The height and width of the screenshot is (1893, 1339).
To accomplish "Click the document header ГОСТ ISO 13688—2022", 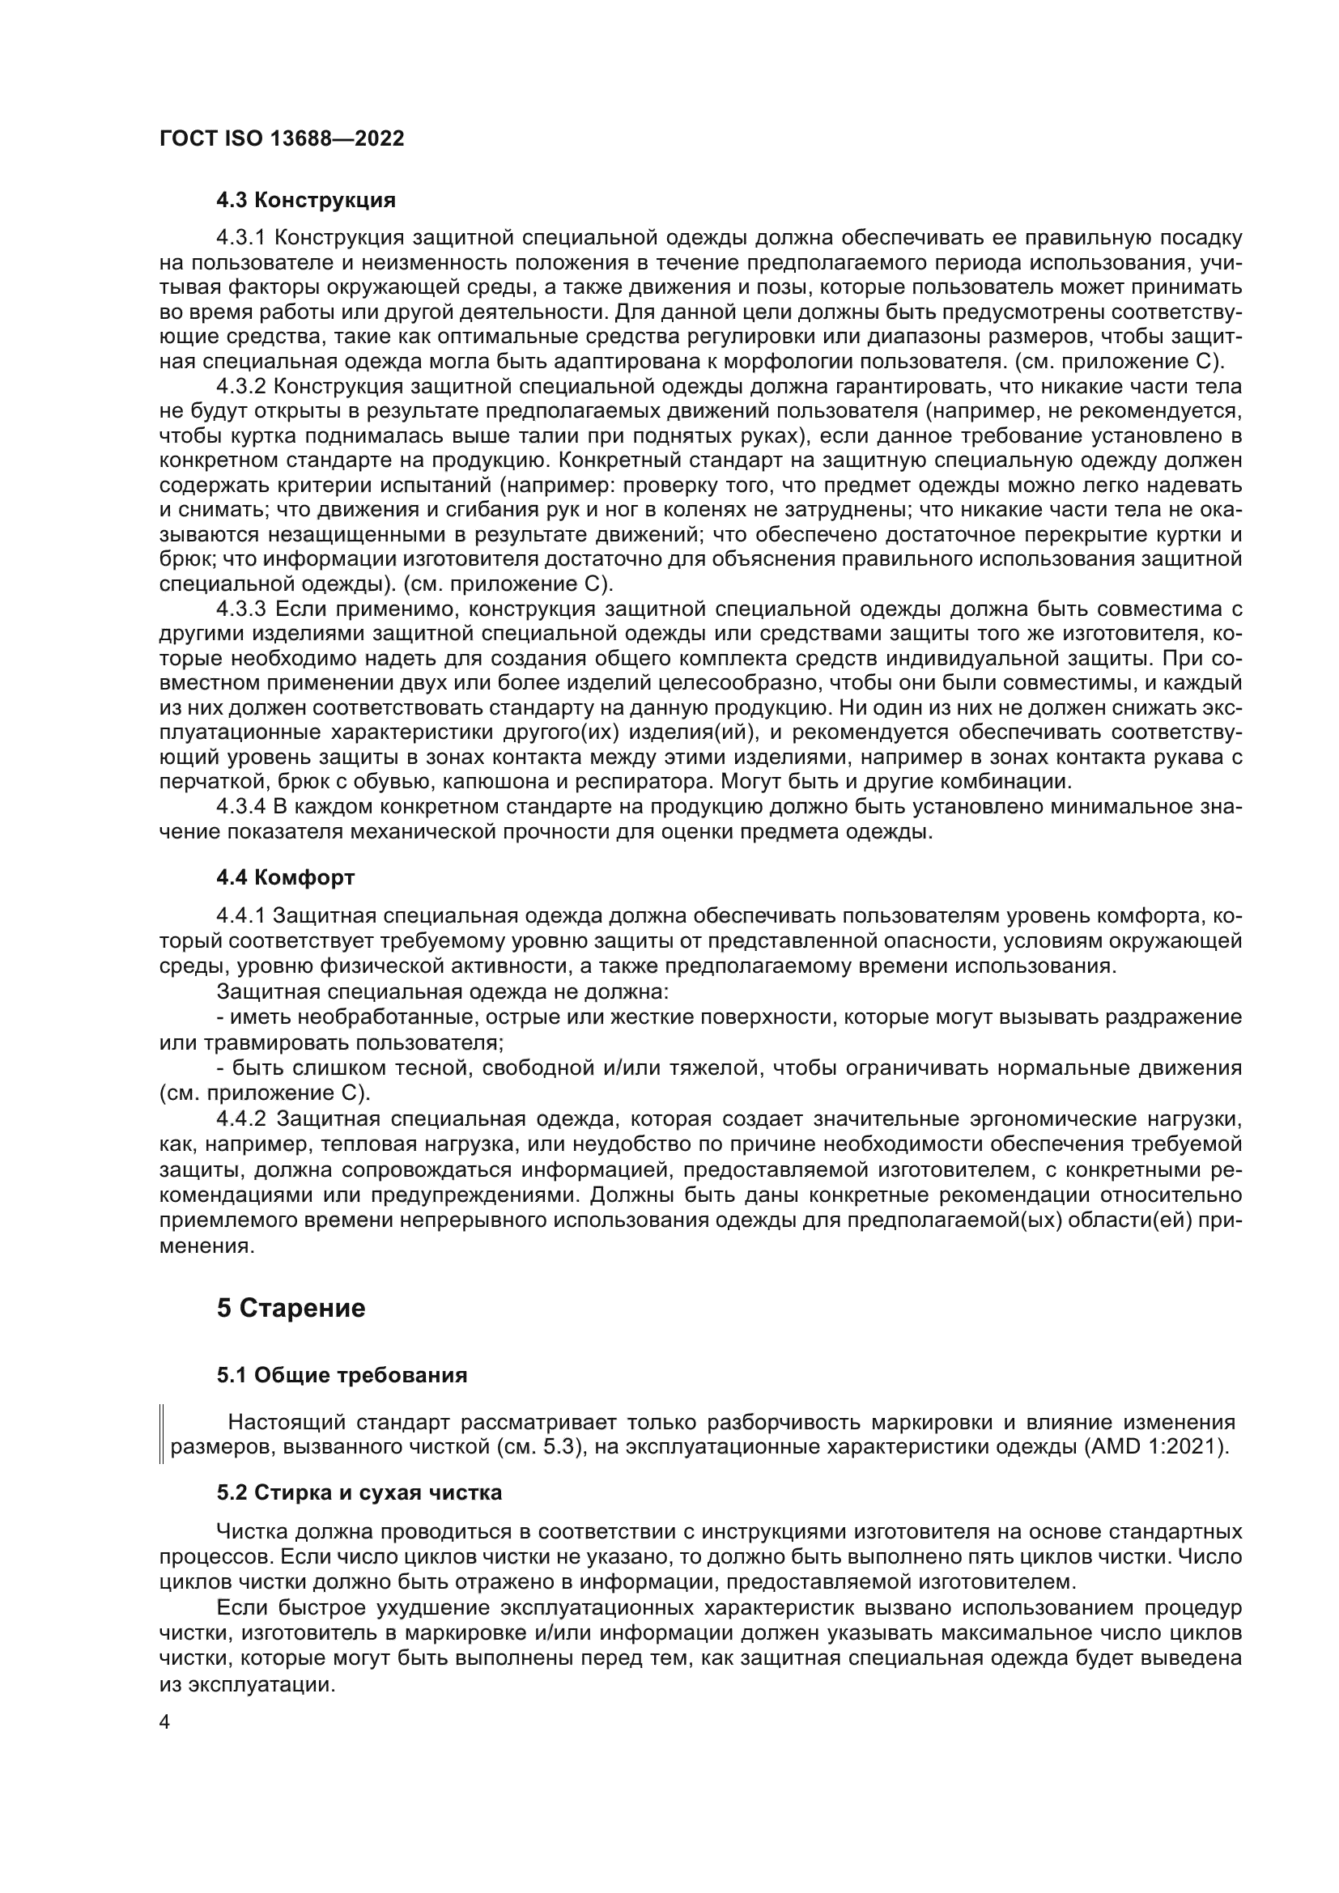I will (x=281, y=138).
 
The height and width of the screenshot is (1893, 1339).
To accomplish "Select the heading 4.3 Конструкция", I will (x=306, y=200).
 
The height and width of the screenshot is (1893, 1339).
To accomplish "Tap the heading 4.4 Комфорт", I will (x=285, y=877).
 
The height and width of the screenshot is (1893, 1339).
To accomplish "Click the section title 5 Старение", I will (x=291, y=1309).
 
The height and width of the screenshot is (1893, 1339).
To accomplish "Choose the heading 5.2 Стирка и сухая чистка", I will (x=359, y=1493).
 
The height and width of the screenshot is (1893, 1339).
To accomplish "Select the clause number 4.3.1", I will (x=240, y=238).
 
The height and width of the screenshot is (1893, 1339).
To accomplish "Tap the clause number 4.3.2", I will (x=240, y=387).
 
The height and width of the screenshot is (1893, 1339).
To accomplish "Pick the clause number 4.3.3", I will (x=240, y=609).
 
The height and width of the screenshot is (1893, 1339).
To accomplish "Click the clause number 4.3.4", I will (x=240, y=806).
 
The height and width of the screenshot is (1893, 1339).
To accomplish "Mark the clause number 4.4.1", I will (x=240, y=916).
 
